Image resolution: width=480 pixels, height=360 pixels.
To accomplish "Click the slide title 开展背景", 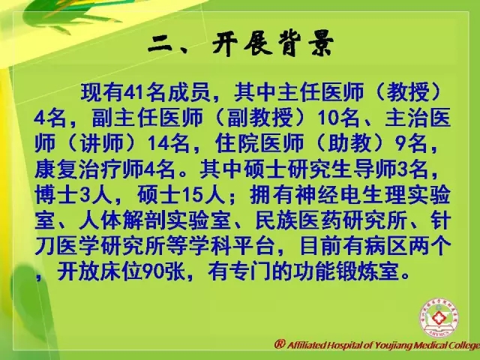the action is (x=273, y=45).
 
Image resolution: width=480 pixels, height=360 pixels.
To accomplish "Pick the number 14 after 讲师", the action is (x=158, y=143).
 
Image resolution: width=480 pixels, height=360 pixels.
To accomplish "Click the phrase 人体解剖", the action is (x=122, y=220).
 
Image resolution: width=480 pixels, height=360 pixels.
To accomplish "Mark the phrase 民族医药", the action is (x=298, y=220).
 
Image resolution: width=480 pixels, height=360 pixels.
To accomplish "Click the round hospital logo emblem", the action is (x=437, y=318).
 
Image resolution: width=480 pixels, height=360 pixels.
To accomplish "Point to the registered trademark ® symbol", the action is (x=280, y=344).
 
